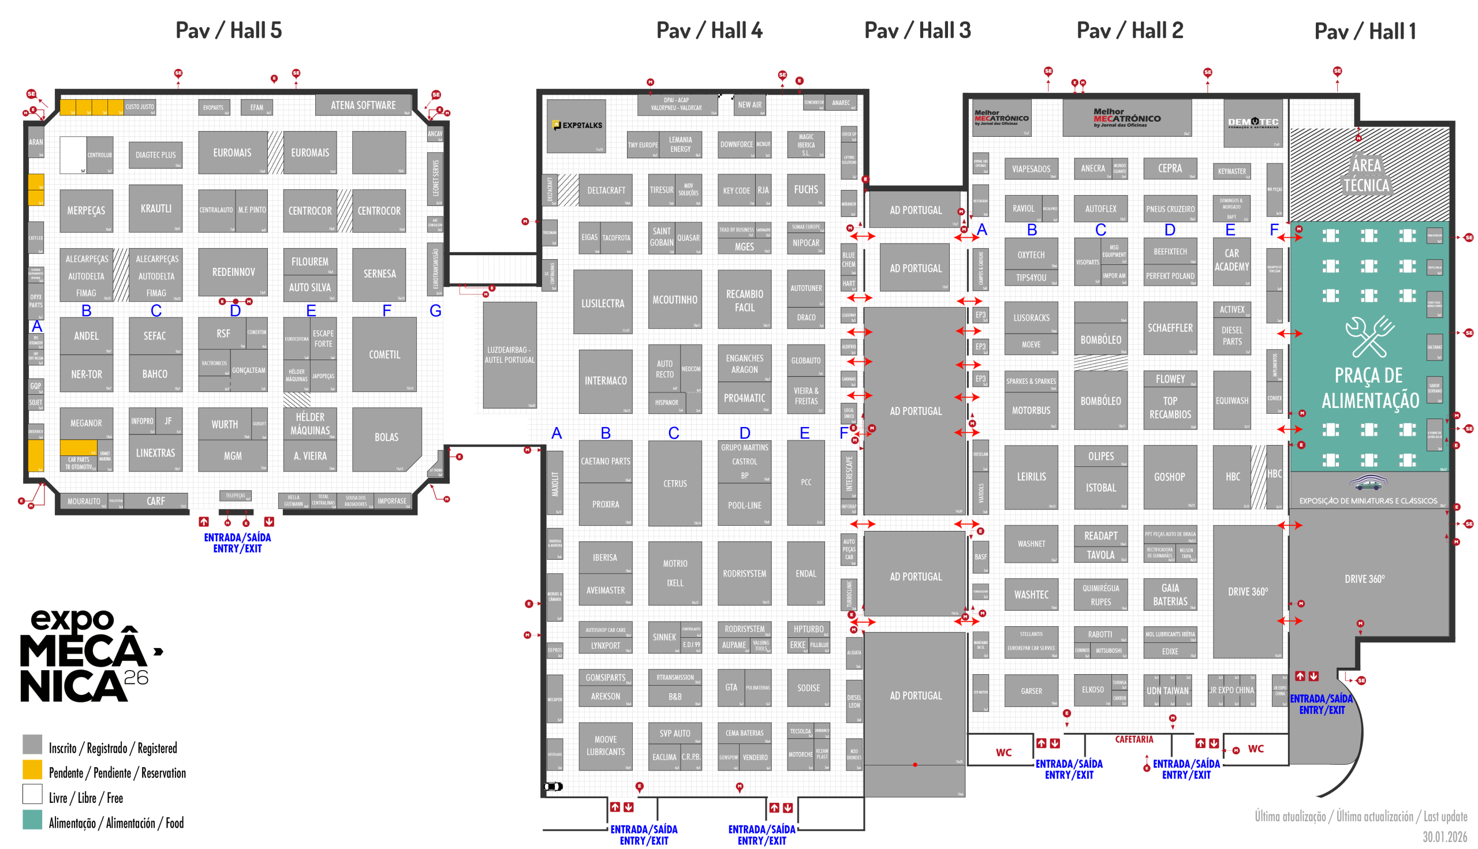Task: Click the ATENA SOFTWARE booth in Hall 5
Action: (363, 105)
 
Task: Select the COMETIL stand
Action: (385, 354)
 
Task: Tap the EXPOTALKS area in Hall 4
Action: (576, 125)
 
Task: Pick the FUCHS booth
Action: (805, 189)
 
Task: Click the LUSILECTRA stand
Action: (603, 302)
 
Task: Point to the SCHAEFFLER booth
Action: (1170, 328)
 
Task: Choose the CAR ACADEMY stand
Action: (1231, 260)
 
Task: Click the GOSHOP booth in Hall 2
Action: (1169, 476)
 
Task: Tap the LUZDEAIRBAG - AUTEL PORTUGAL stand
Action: (509, 354)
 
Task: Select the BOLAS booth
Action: (386, 437)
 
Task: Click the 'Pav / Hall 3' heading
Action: (917, 31)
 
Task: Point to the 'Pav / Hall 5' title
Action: (229, 31)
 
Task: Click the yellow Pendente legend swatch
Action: (32, 770)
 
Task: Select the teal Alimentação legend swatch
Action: (32, 820)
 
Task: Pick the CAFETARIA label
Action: (1134, 739)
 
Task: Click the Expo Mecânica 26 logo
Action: (88, 656)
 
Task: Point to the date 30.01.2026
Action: (1444, 837)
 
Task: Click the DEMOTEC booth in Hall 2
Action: (1252, 123)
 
